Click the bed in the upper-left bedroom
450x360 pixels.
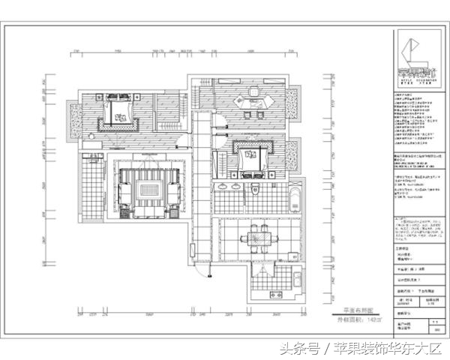click(118, 112)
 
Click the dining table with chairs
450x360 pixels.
click(256, 238)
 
